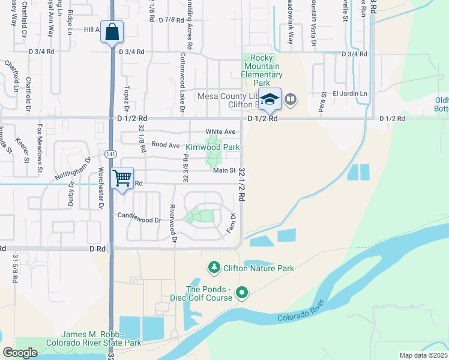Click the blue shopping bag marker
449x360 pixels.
pyautogui.click(x=112, y=32)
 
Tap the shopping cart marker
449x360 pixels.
pyautogui.click(x=122, y=178)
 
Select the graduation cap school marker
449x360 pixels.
pyautogui.click(x=270, y=99)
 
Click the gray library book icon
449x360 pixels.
pyautogui.click(x=291, y=98)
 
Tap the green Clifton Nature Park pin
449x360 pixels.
pyautogui.click(x=213, y=267)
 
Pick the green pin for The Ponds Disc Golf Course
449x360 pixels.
pyautogui.click(x=242, y=293)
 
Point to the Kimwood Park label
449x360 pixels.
pyautogui.click(x=212, y=147)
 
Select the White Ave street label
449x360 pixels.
pyautogui.click(x=220, y=132)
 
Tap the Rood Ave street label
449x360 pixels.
pyautogui.click(x=166, y=145)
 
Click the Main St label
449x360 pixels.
pyautogui.click(x=224, y=171)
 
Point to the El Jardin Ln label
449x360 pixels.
pyautogui.click(x=350, y=94)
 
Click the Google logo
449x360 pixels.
pyautogui.click(x=20, y=353)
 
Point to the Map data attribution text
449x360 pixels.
pyautogui.click(x=424, y=355)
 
